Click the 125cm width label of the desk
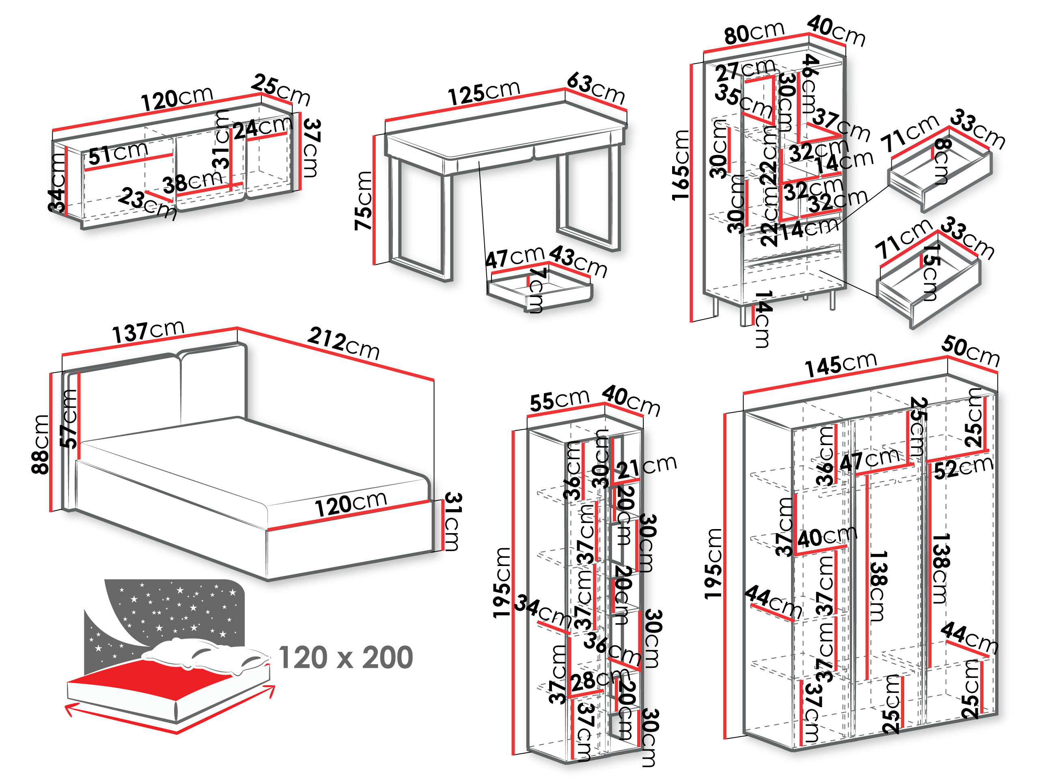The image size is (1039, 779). point(484,93)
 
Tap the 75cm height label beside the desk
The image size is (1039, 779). point(363,200)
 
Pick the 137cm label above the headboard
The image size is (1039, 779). point(148,331)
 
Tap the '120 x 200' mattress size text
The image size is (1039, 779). point(346,657)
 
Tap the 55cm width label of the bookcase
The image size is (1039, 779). point(559,400)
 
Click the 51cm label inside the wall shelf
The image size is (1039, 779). point(119,153)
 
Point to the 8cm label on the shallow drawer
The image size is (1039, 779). point(941,161)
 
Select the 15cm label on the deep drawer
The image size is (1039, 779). point(929,272)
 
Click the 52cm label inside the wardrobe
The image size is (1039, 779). point(964,468)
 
